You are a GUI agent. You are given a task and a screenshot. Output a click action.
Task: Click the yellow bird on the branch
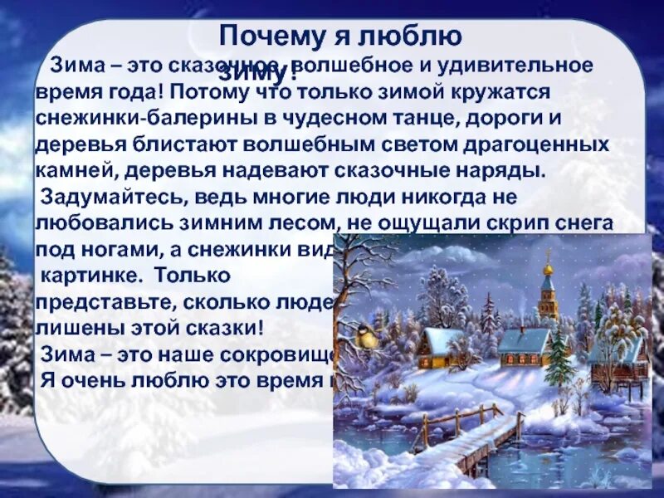pyautogui.click(x=366, y=335)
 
